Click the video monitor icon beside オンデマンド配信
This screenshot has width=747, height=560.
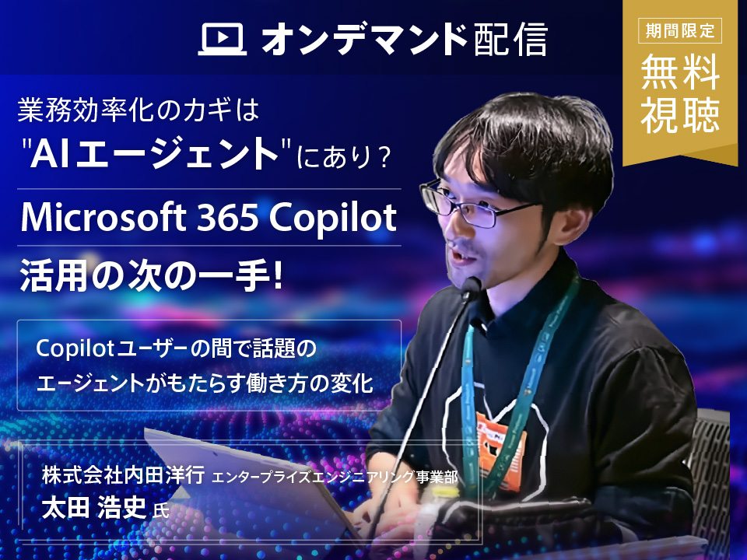223,40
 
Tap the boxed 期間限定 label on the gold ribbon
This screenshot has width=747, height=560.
680,31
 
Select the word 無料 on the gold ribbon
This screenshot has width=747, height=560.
680,72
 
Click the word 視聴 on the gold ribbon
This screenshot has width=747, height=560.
680,115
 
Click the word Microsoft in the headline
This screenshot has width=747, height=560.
103,217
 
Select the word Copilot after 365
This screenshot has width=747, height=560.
332,219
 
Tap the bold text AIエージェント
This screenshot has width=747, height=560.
154,153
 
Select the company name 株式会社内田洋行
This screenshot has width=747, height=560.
124,475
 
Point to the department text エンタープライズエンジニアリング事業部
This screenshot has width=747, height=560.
335,477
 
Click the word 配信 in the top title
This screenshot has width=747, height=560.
510,40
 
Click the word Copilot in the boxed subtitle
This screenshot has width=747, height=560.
75,349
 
